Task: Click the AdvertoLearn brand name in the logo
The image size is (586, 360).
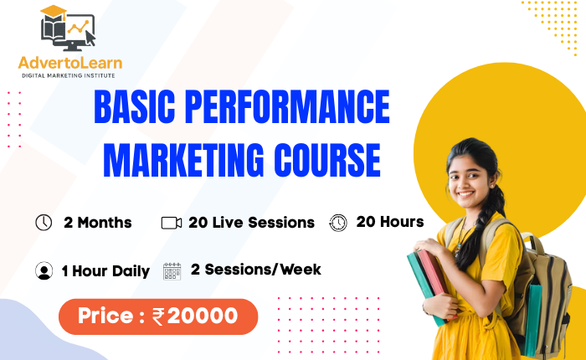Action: coord(70,63)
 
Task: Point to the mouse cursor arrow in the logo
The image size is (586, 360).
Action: coord(90,38)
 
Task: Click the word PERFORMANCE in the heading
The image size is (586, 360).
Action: coord(287,106)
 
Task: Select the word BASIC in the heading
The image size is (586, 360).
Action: coord(135,106)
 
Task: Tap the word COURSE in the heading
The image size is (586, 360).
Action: coord(327,161)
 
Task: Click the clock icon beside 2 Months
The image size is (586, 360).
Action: coord(44,223)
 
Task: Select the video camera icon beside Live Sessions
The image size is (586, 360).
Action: coord(172,223)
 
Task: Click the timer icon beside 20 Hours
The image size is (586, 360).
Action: coord(338,223)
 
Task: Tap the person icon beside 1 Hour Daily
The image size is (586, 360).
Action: coord(44,270)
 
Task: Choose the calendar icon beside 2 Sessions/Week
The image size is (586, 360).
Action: coord(172,271)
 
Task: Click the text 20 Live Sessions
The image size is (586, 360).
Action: coord(251,223)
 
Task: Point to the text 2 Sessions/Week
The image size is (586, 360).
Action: coord(255,270)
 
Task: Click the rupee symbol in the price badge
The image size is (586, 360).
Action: coord(158,316)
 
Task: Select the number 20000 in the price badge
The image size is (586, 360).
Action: coord(203,316)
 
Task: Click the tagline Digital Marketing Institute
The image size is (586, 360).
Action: coord(69,75)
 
